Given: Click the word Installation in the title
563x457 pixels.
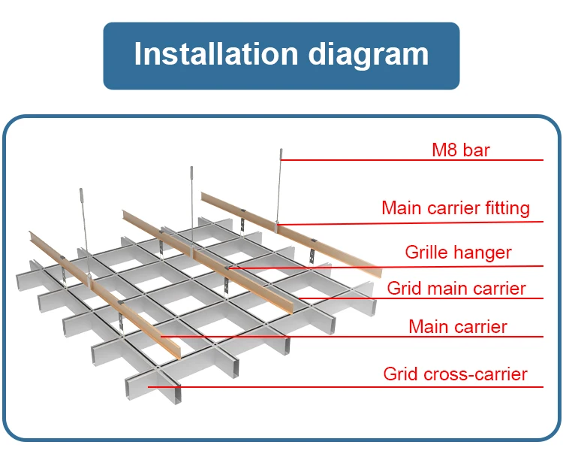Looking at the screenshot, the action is (x=216, y=54).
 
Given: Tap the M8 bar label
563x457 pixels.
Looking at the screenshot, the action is (x=461, y=150).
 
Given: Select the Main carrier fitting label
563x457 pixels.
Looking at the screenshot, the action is (x=456, y=208).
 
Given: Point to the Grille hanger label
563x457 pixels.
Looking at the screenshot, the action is (x=458, y=253).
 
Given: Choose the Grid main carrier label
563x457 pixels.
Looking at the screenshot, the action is (x=456, y=289).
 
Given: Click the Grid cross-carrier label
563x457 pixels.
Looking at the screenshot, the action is (x=456, y=374).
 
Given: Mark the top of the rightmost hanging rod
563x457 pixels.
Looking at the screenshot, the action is (x=281, y=150).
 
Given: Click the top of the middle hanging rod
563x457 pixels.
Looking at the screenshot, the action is (x=191, y=167).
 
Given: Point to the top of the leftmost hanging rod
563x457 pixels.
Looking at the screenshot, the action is (x=81, y=189).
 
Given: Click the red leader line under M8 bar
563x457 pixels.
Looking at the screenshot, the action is (x=412, y=160).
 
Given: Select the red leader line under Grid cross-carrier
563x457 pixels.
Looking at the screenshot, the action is (x=346, y=387).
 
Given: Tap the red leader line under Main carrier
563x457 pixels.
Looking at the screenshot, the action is (x=352, y=337).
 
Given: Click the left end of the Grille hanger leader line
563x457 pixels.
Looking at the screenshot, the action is (x=229, y=268).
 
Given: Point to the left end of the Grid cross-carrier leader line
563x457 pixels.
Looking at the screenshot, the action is (x=149, y=387).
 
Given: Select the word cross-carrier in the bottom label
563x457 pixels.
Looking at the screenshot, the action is (x=476, y=374).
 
